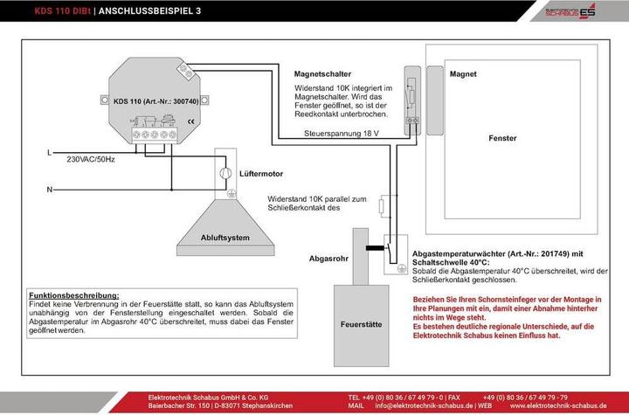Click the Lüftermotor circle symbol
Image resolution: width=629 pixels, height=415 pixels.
(x=225, y=172)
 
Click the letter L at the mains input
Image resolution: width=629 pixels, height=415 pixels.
(x=49, y=153)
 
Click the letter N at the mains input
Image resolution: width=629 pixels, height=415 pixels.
(x=49, y=189)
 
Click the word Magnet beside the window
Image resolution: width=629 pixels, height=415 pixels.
(x=463, y=75)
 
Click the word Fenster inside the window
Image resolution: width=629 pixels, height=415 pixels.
(x=502, y=138)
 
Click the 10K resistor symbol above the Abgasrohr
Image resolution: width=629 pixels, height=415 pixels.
(x=382, y=207)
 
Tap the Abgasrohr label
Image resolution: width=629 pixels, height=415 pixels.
(x=329, y=259)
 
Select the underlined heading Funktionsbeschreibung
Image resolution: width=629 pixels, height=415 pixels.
(x=73, y=295)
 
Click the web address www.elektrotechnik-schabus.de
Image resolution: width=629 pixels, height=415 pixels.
(x=559, y=406)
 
